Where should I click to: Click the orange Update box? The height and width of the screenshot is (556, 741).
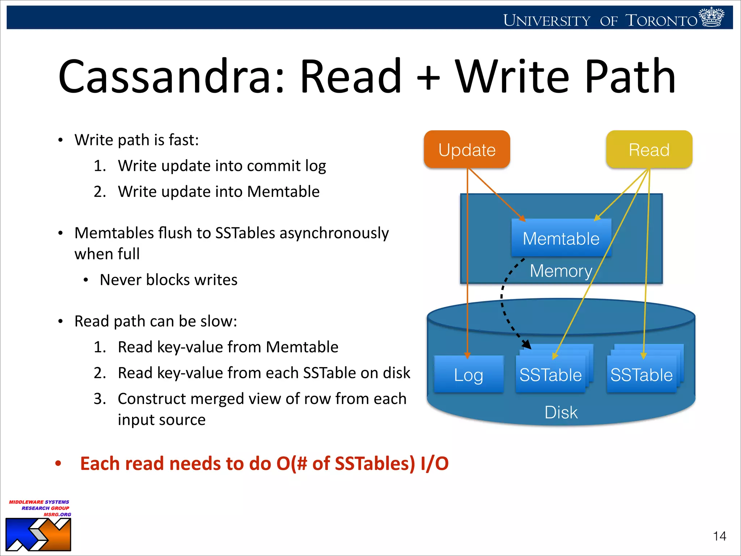pyautogui.click(x=467, y=149)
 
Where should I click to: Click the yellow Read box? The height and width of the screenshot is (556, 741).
pyautogui.click(x=649, y=149)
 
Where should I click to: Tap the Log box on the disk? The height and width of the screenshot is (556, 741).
pyautogui.click(x=469, y=375)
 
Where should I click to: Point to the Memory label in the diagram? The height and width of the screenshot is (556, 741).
pyautogui.click(x=561, y=271)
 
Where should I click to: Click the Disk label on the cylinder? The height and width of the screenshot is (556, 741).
pyautogui.click(x=561, y=412)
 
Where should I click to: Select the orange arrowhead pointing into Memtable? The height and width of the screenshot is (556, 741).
pyautogui.click(x=522, y=218)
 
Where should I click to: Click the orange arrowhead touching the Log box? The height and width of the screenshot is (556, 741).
pyautogui.click(x=467, y=355)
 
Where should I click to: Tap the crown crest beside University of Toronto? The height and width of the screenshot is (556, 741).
pyautogui.click(x=712, y=17)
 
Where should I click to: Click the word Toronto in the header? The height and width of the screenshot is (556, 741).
pyautogui.click(x=661, y=21)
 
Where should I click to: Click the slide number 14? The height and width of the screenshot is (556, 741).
pyautogui.click(x=719, y=536)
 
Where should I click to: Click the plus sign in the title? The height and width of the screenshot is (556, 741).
pyautogui.click(x=428, y=77)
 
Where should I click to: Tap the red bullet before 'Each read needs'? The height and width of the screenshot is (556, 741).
pyautogui.click(x=58, y=464)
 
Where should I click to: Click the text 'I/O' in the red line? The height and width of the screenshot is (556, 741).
pyautogui.click(x=434, y=464)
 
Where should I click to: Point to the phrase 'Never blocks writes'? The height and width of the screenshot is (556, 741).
pyautogui.click(x=169, y=280)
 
